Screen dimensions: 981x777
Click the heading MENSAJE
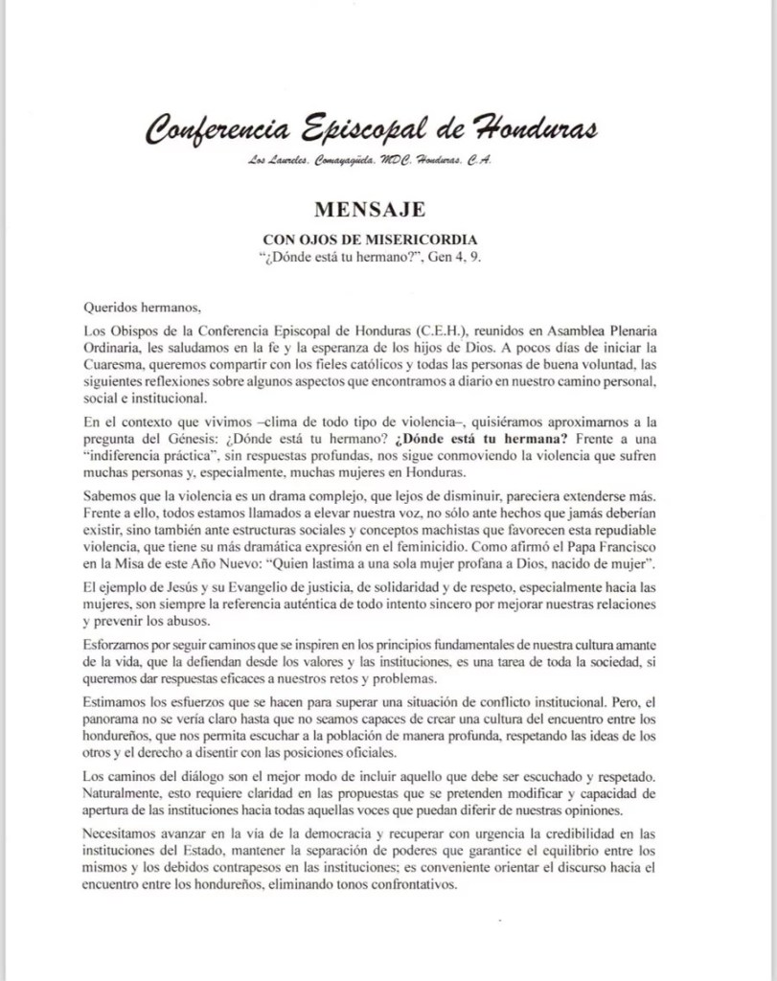click(x=369, y=209)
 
